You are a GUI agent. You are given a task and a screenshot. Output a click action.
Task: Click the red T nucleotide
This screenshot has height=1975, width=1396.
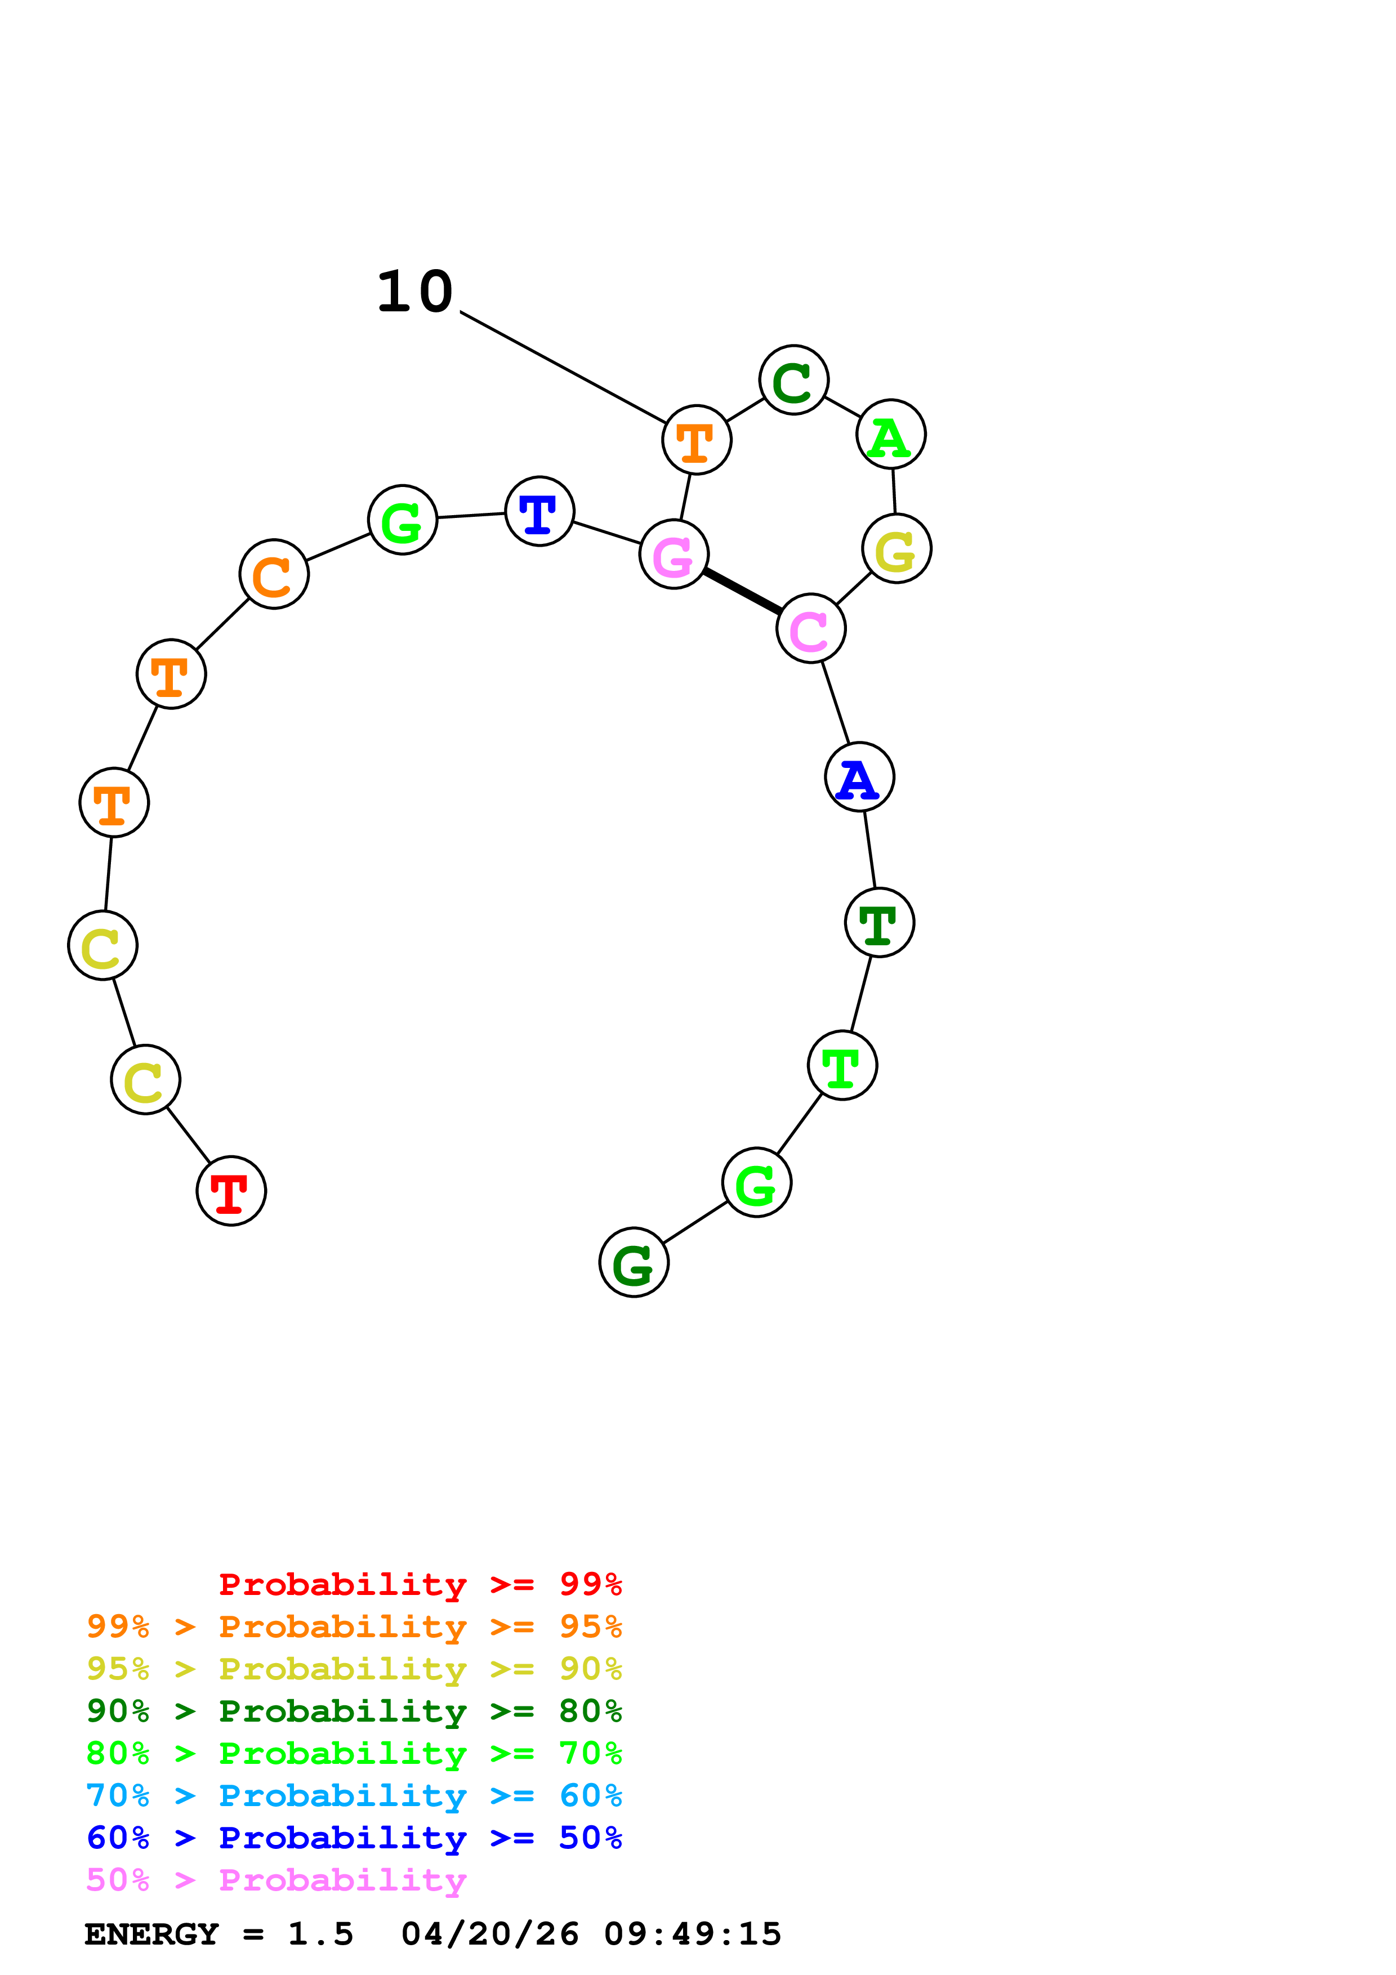(x=230, y=1191)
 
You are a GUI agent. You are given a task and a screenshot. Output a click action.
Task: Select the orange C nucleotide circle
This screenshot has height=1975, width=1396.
(x=274, y=575)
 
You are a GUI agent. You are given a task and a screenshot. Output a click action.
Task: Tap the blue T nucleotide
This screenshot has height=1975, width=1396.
(x=539, y=511)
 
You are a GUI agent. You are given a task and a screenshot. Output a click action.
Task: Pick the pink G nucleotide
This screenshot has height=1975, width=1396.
(x=674, y=554)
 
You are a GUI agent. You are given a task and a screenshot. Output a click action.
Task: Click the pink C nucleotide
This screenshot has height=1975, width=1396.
(x=810, y=629)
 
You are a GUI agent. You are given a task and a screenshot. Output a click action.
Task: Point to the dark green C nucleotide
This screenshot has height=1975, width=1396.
(x=793, y=379)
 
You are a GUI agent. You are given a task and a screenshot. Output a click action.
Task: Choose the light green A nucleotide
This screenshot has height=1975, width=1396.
(x=890, y=435)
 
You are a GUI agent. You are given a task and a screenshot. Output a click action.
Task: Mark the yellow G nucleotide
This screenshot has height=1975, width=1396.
(x=897, y=549)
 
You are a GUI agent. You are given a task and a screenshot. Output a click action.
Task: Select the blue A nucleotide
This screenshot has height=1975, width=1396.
(x=858, y=777)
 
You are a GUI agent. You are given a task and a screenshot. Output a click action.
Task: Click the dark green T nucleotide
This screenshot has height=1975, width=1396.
(x=879, y=922)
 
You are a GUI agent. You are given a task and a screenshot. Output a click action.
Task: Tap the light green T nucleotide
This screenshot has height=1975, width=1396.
(x=842, y=1065)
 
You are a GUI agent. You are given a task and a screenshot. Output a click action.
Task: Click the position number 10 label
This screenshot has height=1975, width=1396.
(x=414, y=292)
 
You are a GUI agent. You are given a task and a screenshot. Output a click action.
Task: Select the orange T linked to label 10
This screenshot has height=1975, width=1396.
(x=697, y=440)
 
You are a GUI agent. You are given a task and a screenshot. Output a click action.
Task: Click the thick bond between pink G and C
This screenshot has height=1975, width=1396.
(x=742, y=592)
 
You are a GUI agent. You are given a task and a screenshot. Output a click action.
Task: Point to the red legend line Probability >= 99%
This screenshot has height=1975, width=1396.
(x=420, y=1584)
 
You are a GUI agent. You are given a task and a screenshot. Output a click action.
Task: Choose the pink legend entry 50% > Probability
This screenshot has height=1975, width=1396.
(x=276, y=1880)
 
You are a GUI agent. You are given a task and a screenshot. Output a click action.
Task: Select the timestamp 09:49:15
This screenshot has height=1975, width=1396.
(x=693, y=1934)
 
